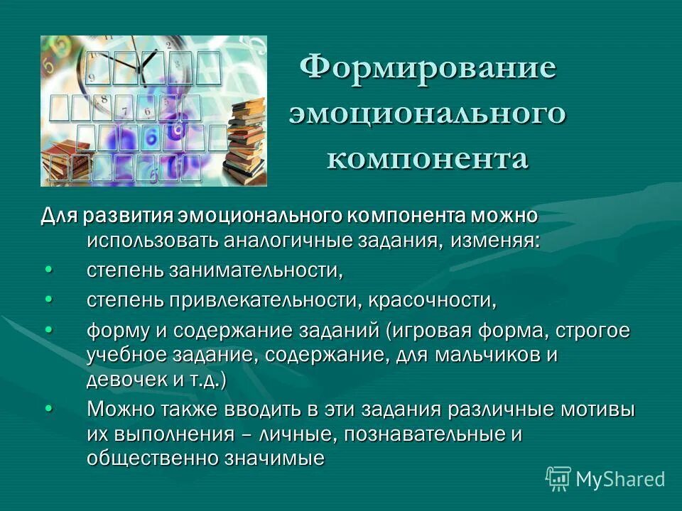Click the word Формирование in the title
coord(428,69)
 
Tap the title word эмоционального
coord(428,114)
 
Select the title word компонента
coord(428,158)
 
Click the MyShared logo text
coord(620,479)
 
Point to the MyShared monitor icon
coord(558,479)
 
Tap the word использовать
coord(153,240)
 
